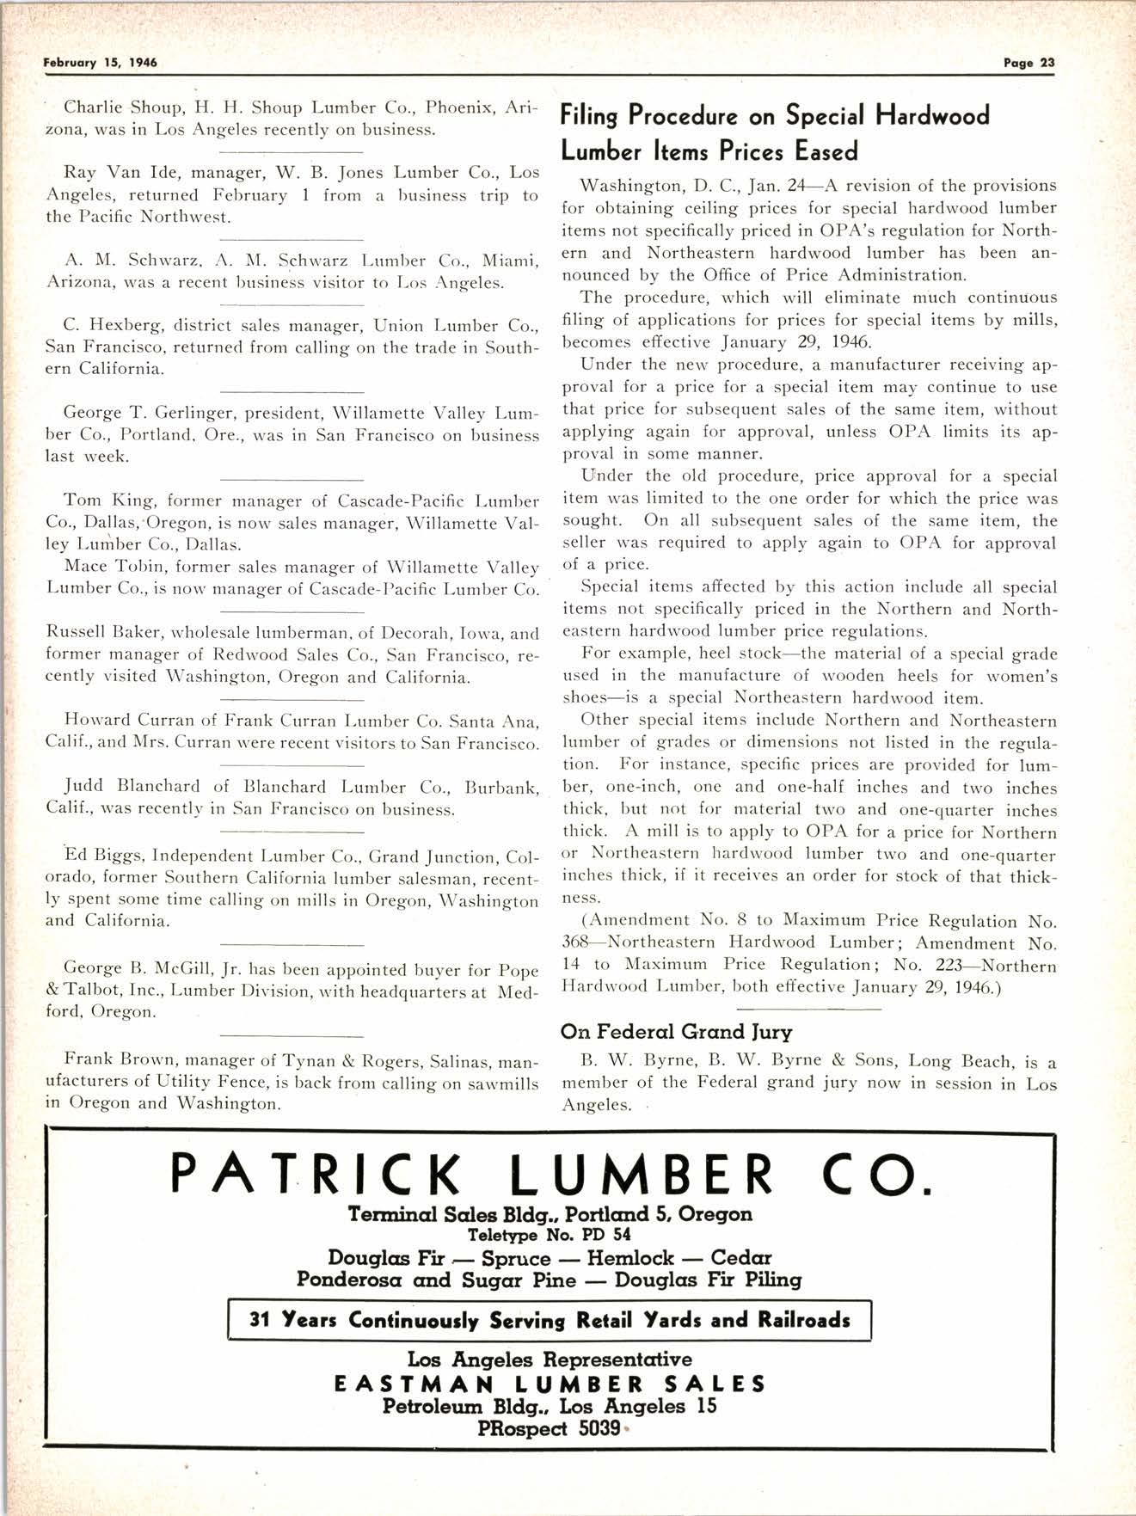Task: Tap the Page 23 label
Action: [x=1029, y=63]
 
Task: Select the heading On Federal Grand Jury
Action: [x=676, y=1031]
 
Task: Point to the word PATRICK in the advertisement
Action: [x=316, y=1175]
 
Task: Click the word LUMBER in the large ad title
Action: [x=645, y=1175]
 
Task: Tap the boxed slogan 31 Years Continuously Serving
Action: [x=550, y=1320]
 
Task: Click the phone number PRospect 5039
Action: [x=550, y=1428]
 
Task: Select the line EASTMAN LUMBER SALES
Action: [x=550, y=1384]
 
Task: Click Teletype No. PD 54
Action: [x=550, y=1235]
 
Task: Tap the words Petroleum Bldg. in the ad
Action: [x=465, y=1407]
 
